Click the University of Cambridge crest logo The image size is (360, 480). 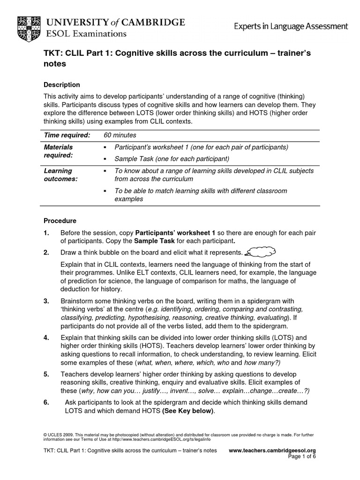[29, 27]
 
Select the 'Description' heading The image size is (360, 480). [61, 85]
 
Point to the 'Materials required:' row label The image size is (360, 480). [58, 151]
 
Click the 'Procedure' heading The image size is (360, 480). [60, 220]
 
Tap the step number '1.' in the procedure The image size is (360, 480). [46, 232]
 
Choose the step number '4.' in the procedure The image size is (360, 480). [46, 337]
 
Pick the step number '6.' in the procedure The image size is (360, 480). [46, 403]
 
